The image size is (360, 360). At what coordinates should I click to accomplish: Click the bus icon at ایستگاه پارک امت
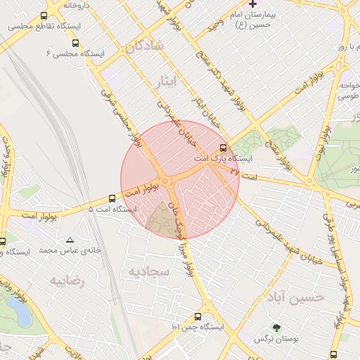pyautogui.click(x=224, y=148)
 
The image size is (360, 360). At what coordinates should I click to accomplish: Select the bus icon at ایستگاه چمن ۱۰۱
pyautogui.click(x=198, y=316)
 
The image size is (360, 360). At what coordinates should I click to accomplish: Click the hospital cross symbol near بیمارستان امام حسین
pyautogui.click(x=253, y=4)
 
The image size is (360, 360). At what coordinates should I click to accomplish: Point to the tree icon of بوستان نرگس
pyautogui.click(x=276, y=328)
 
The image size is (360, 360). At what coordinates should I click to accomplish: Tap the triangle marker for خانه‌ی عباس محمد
pyautogui.click(x=69, y=240)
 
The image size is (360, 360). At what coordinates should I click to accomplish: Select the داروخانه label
pyautogui.click(x=77, y=5)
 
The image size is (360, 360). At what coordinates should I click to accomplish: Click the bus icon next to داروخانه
pyautogui.click(x=45, y=15)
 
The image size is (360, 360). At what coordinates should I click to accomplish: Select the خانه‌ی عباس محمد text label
pyautogui.click(x=70, y=250)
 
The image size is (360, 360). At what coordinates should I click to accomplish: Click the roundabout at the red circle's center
pyautogui.click(x=169, y=182)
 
